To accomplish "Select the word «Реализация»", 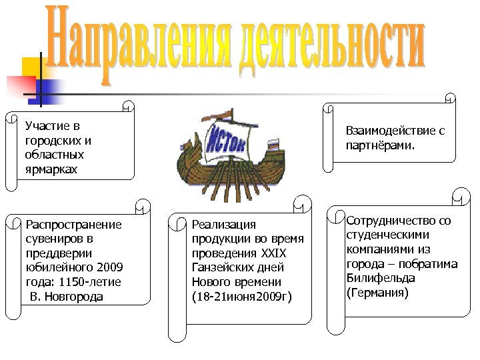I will pyautogui.click(x=223, y=225).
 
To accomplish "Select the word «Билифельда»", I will pyautogui.click(x=380, y=278).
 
